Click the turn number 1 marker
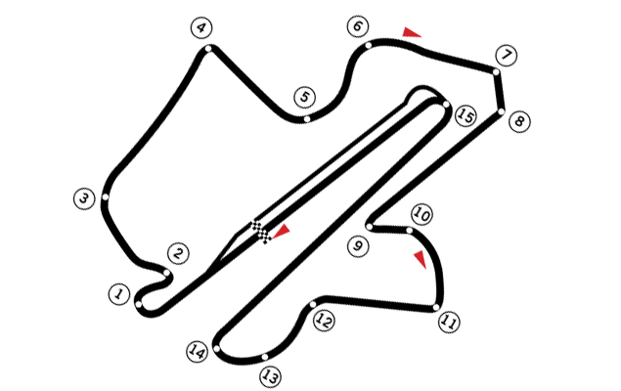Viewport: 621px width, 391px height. tap(118, 294)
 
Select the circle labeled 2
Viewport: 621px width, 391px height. tap(178, 254)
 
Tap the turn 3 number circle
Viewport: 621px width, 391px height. tap(84, 198)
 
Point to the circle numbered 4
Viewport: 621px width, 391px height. tap(200, 27)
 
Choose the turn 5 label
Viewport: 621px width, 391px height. tap(304, 98)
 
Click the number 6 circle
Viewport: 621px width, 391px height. tap(357, 26)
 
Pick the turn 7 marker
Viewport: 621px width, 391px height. tap(506, 56)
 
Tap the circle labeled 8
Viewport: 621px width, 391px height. tap(519, 121)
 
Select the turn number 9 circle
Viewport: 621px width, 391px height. tap(358, 246)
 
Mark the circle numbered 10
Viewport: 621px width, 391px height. tap(421, 214)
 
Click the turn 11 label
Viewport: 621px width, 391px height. tap(449, 322)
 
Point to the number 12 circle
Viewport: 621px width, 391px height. tap(324, 321)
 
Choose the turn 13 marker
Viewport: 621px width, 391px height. tap(270, 376)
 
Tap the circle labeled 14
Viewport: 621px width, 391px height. tap(197, 352)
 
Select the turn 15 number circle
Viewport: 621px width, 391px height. tap(466, 116)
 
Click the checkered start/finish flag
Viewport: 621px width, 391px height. tap(260, 232)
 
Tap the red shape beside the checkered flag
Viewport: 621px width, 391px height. tap(288, 233)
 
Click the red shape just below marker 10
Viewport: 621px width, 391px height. tap(412, 265)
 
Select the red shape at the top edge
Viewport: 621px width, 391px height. tap(414, 25)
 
